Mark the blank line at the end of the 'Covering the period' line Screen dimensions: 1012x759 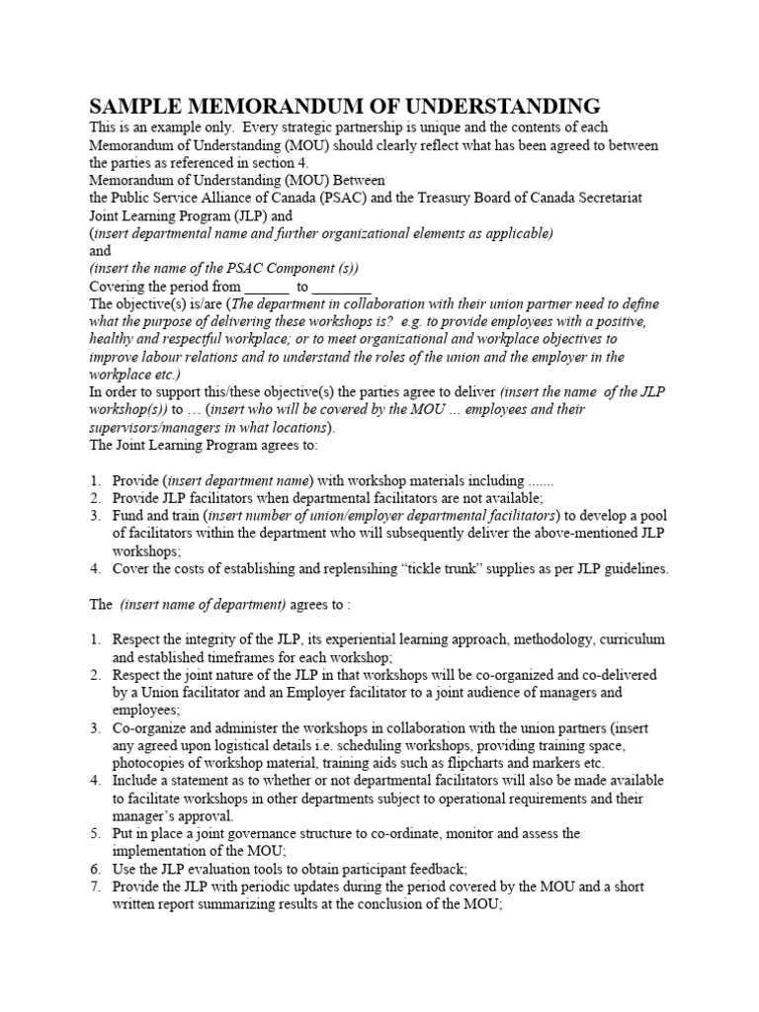(342, 287)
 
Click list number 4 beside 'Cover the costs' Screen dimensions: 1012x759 (95, 569)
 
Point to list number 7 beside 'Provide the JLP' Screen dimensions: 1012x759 (95, 887)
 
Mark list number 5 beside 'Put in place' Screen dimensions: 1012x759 (95, 834)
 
